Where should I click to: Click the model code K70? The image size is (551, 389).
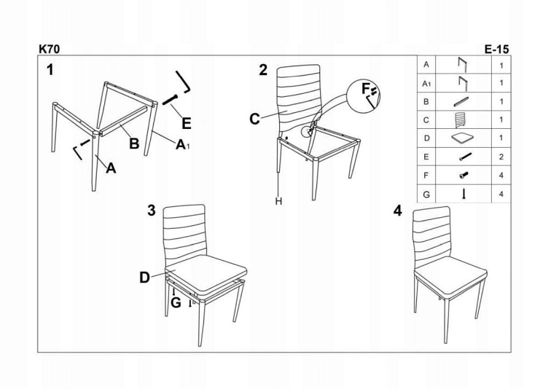pyautogui.click(x=50, y=49)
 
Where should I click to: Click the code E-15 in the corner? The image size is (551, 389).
pyautogui.click(x=496, y=50)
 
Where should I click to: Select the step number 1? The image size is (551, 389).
pyautogui.click(x=50, y=70)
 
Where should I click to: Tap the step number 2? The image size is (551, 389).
pyautogui.click(x=263, y=70)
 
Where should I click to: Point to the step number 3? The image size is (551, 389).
pyautogui.click(x=151, y=211)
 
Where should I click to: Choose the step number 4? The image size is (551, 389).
pyautogui.click(x=397, y=211)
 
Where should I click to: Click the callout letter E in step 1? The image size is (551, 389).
pyautogui.click(x=187, y=124)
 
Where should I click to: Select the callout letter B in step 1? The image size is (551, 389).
pyautogui.click(x=134, y=144)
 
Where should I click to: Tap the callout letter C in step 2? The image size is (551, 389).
pyautogui.click(x=254, y=119)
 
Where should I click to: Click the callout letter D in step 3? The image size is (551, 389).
pyautogui.click(x=145, y=278)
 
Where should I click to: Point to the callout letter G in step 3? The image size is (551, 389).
pyautogui.click(x=176, y=302)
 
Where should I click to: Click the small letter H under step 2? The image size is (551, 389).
pyautogui.click(x=278, y=201)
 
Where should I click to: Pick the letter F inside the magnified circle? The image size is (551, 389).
pyautogui.click(x=366, y=88)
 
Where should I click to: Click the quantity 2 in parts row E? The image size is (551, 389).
pyautogui.click(x=501, y=157)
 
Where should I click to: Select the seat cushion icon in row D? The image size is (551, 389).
pyautogui.click(x=462, y=138)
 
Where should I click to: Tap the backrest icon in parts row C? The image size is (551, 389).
pyautogui.click(x=461, y=119)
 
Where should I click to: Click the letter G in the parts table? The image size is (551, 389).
pyautogui.click(x=426, y=194)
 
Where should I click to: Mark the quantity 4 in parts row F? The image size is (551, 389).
pyautogui.click(x=501, y=175)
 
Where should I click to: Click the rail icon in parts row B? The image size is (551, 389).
pyautogui.click(x=461, y=101)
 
